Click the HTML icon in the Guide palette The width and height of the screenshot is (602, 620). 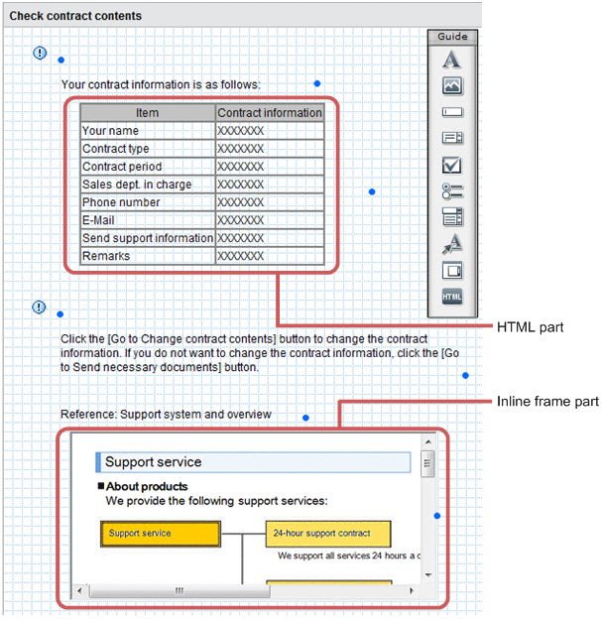(452, 297)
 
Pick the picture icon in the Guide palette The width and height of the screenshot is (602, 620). (452, 86)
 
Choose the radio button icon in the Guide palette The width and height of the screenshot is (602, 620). (452, 190)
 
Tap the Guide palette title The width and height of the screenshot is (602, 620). (452, 37)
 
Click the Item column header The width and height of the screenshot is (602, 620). (147, 113)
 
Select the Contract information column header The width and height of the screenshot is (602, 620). (270, 113)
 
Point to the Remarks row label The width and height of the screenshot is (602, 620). (106, 256)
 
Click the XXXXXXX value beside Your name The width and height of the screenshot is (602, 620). (241, 131)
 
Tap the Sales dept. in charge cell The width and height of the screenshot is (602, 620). (137, 185)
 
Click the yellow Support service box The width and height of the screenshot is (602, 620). (159, 534)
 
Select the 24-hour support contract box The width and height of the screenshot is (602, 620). (327, 534)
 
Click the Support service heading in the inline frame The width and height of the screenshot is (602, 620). (154, 462)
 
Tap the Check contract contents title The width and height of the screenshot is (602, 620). (75, 16)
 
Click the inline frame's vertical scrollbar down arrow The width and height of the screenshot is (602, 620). (428, 574)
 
